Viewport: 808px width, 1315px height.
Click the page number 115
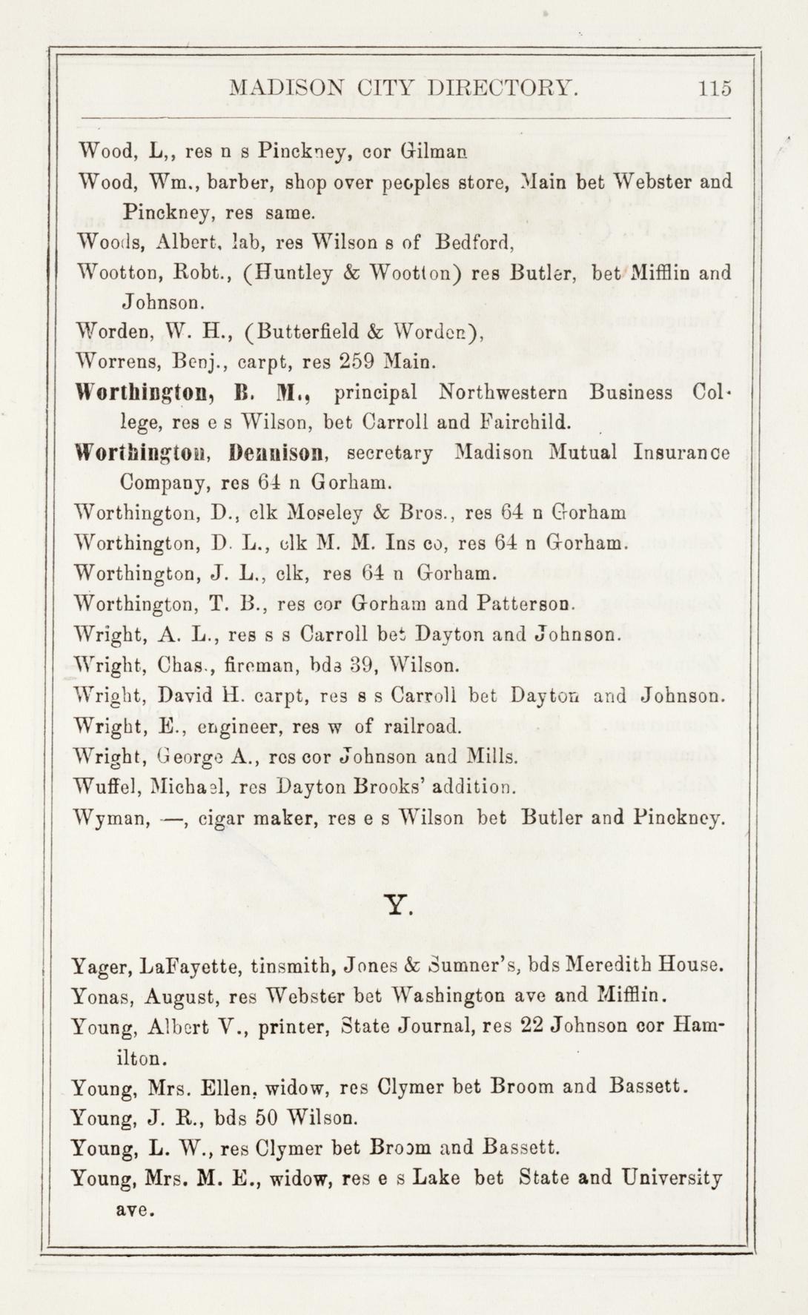pos(715,88)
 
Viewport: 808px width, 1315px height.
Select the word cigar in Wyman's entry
pos(221,818)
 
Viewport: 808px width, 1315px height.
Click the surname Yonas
pos(102,997)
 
